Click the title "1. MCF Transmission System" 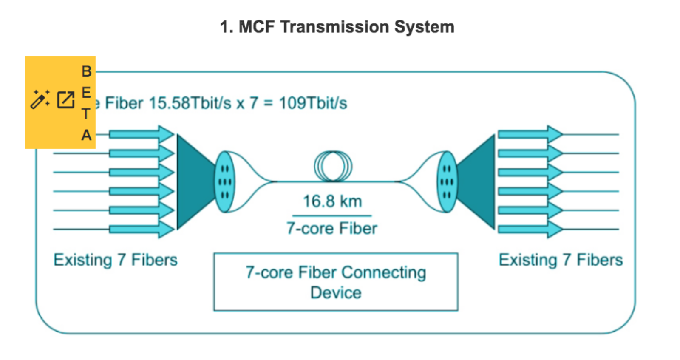tap(337, 27)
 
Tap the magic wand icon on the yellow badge tap(40, 99)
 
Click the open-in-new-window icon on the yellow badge tap(66, 100)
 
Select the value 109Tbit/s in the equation tap(313, 103)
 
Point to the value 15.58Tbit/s tap(190, 103)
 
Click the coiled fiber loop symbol tap(333, 166)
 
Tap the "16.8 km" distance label tap(332, 201)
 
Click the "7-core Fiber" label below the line tap(331, 228)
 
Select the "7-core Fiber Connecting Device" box tap(336, 282)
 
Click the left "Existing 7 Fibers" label tap(115, 260)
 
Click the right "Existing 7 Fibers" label tap(561, 260)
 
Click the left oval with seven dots tap(225, 182)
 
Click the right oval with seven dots tap(447, 182)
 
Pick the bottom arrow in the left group tap(142, 230)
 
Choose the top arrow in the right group tap(530, 134)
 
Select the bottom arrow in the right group tap(530, 230)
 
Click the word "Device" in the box tap(336, 292)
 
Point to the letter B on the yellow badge tap(86, 71)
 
